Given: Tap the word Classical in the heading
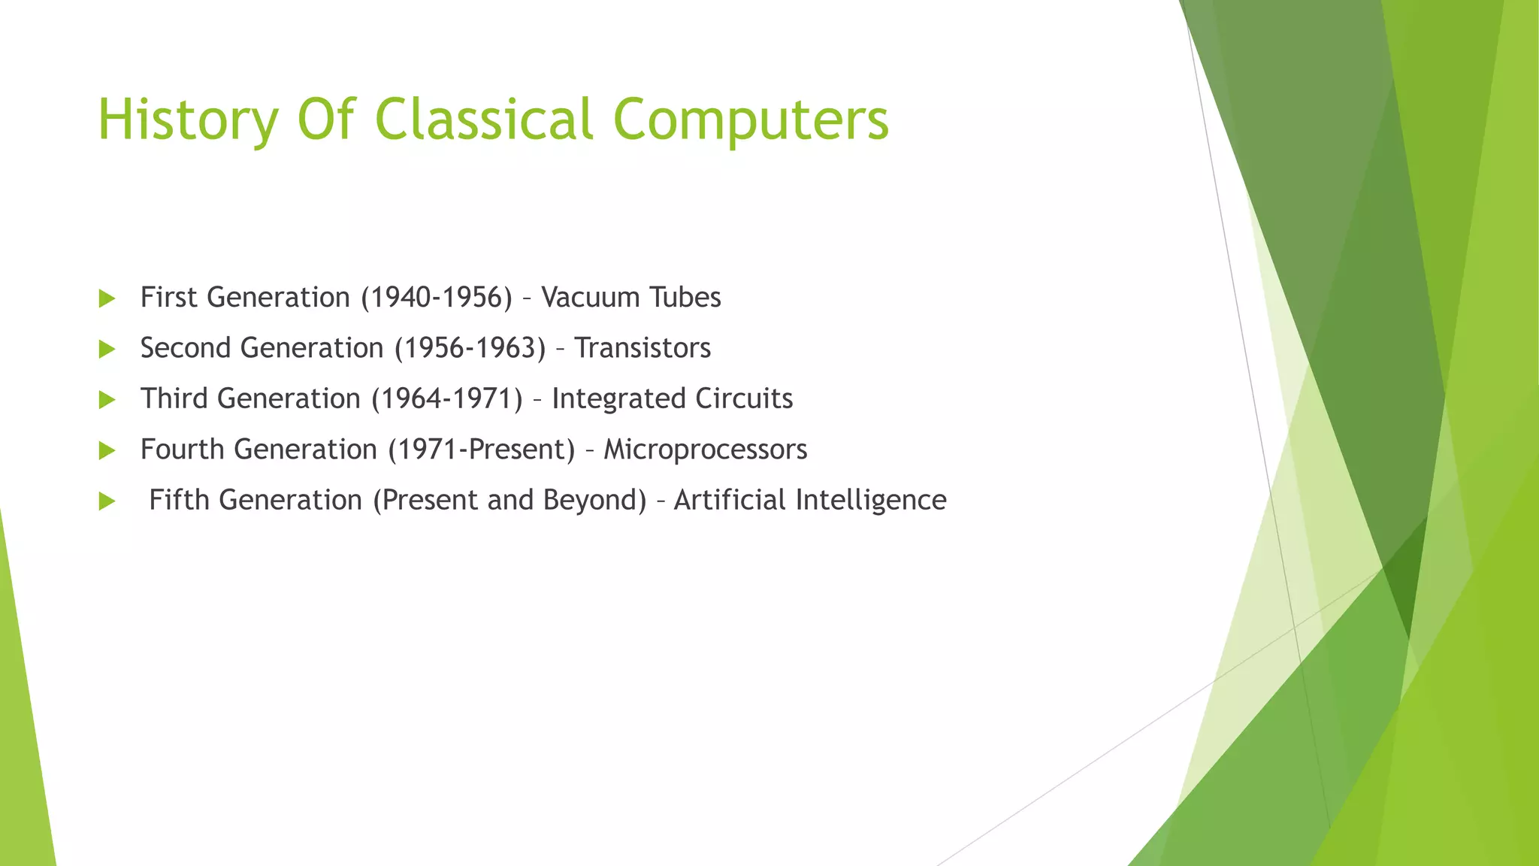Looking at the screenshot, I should (x=484, y=120).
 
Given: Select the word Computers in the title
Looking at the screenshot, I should (x=751, y=120).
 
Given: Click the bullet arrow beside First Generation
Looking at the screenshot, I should (x=107, y=298).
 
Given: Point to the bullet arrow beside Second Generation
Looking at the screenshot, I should (x=107, y=349).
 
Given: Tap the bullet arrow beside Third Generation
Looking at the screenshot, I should (x=107, y=399).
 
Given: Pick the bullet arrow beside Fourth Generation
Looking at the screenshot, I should (x=107, y=450).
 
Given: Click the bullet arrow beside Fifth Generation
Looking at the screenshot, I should (x=107, y=501).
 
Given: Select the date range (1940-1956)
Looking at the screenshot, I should (x=436, y=298).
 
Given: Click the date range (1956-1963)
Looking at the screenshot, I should (x=470, y=348).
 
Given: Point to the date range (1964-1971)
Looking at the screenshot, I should (x=447, y=398).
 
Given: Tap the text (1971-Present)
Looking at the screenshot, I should (x=481, y=450).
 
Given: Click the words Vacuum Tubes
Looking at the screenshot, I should (x=630, y=298).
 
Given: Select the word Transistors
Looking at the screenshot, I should (x=642, y=348).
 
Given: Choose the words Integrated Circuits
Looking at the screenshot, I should (x=672, y=398).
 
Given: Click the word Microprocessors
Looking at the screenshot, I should (x=705, y=450).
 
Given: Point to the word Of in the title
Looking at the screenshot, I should (x=325, y=120).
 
